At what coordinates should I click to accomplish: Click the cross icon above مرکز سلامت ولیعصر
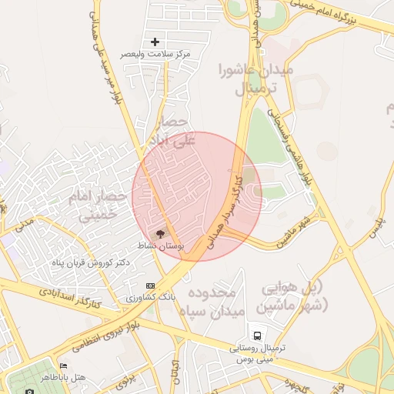click(x=155, y=42)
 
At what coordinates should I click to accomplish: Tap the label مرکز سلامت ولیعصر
click(x=155, y=55)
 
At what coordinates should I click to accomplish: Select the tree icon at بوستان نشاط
click(x=161, y=232)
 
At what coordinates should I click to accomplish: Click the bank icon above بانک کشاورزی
click(x=150, y=285)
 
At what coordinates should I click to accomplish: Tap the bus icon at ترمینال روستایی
click(x=257, y=336)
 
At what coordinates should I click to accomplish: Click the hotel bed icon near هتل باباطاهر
click(x=63, y=366)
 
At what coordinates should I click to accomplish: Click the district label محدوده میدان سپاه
click(x=215, y=302)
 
